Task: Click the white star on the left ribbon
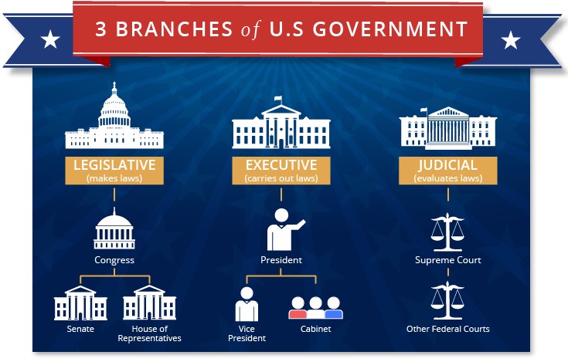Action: point(50,39)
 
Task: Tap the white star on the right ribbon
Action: point(511,40)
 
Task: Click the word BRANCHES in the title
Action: point(174,29)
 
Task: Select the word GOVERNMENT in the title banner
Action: point(390,29)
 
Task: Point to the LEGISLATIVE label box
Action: point(114,171)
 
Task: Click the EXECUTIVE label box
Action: point(281,171)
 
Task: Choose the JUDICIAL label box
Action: point(448,171)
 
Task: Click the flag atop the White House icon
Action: point(278,99)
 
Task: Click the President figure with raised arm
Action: point(284,230)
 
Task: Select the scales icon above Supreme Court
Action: point(447,232)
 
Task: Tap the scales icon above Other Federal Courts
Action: point(447,301)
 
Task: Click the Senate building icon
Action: point(80,303)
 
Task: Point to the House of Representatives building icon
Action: point(150,303)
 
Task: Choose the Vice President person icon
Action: point(247,305)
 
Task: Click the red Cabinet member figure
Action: point(298,308)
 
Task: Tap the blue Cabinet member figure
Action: point(334,308)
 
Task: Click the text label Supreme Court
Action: point(448,260)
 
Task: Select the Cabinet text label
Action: point(316,329)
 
